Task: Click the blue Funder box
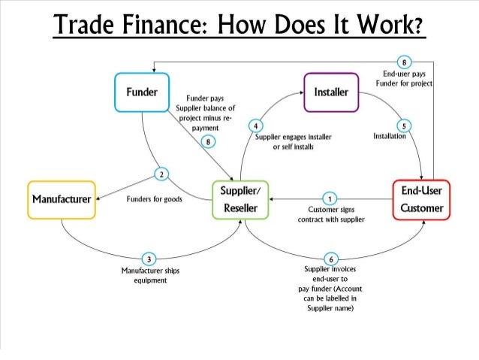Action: click(141, 92)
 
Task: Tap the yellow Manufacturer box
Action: click(61, 200)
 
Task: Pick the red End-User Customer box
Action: click(421, 199)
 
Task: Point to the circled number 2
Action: click(161, 175)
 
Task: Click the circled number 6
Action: click(328, 259)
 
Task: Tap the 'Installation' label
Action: click(389, 138)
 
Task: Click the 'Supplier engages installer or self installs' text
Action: click(288, 142)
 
